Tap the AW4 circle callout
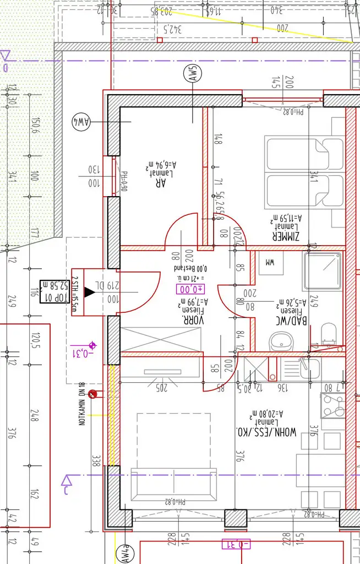point(81,121)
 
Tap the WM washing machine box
point(270,263)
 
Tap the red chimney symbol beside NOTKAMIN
point(93,393)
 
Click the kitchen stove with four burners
point(334,405)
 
